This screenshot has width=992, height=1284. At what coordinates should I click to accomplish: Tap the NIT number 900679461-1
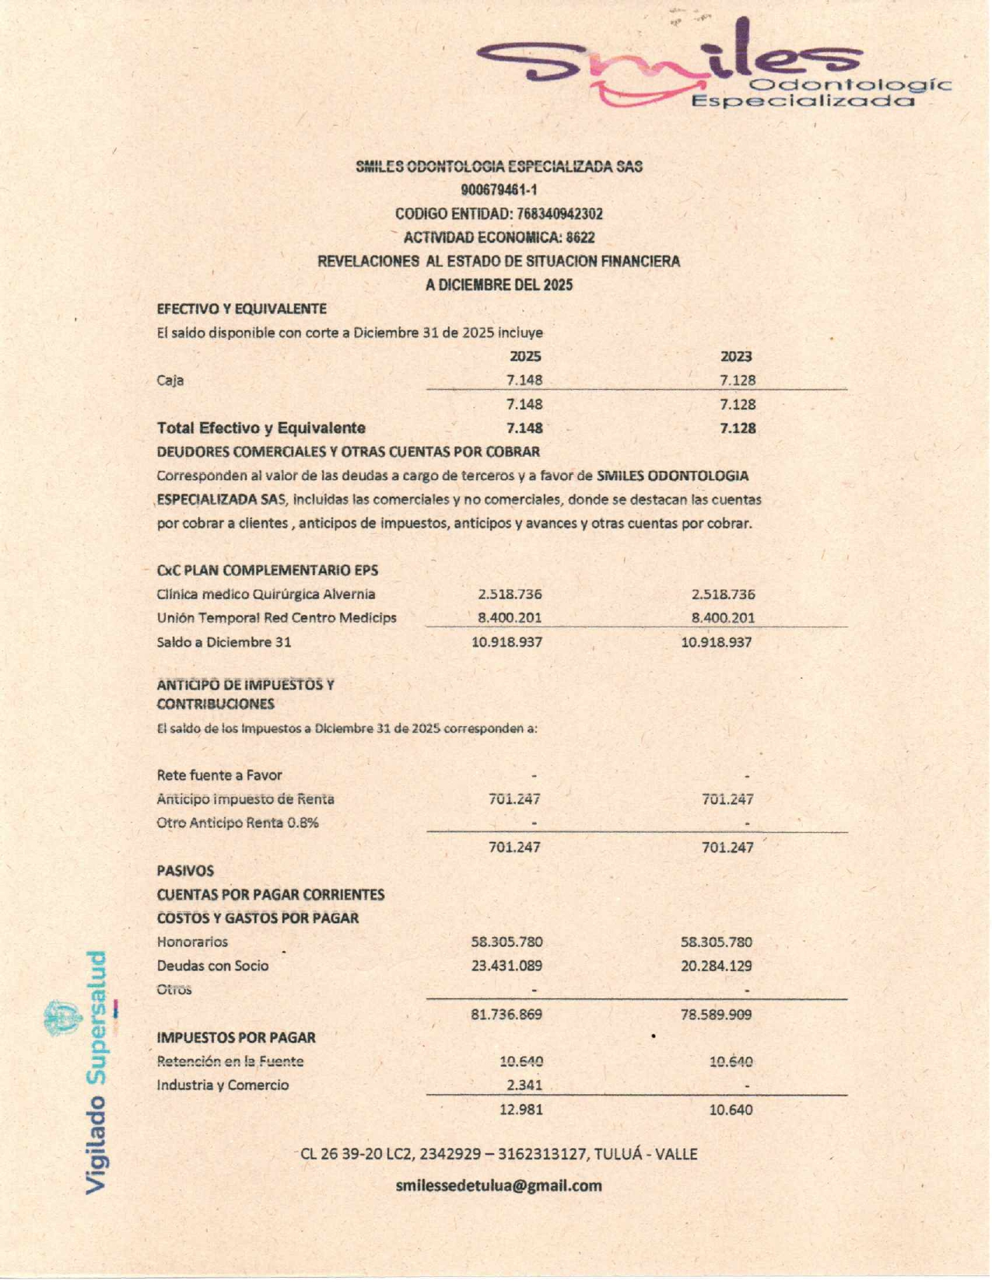pos(499,190)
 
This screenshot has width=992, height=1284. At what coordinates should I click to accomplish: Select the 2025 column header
pos(525,356)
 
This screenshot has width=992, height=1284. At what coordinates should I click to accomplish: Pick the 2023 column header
pos(736,356)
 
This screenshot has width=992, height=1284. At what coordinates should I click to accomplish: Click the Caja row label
pos(170,381)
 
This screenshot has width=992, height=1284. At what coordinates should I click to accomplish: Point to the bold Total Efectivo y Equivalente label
pos(261,428)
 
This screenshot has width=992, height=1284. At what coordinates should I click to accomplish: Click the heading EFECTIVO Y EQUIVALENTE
pos(242,309)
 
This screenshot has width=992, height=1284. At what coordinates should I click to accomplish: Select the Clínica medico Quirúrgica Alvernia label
pos(266,594)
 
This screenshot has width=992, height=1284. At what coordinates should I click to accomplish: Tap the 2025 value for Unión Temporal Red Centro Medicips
pos(510,618)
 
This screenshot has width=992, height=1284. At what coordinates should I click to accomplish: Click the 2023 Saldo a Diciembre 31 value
pos(717,642)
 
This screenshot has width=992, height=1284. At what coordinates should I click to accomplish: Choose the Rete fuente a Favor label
pos(219,775)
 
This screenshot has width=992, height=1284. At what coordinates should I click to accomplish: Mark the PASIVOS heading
pos(185,871)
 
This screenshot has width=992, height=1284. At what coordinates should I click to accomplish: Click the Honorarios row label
pos(192,942)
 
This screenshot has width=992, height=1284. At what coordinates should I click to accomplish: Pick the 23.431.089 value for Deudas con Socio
pos(507,966)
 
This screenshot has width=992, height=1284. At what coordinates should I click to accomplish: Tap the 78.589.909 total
pos(717,1015)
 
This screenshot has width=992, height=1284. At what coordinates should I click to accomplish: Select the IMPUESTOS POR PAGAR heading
pos(237,1037)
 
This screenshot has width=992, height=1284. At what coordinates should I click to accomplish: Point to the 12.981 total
pos(521,1110)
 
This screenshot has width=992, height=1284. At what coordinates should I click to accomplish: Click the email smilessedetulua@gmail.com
pos(499,1185)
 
